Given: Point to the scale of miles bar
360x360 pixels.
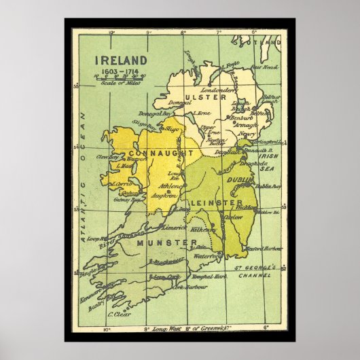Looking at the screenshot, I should coord(116,78).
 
